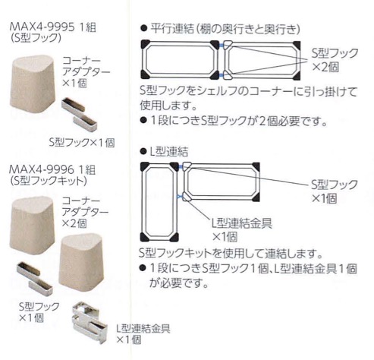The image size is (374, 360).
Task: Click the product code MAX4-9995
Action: (x=42, y=27)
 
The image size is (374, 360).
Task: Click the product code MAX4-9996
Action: (x=42, y=169)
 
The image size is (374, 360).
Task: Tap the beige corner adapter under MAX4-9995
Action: (x=33, y=84)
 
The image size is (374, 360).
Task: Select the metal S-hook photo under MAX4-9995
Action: (x=79, y=115)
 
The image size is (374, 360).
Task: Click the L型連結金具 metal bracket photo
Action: (x=90, y=322)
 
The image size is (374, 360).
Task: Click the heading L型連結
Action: (x=169, y=151)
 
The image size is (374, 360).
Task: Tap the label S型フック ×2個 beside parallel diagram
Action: (x=335, y=60)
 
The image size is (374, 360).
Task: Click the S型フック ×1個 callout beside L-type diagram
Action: (x=334, y=191)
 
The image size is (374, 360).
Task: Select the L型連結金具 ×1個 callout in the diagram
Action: (x=242, y=229)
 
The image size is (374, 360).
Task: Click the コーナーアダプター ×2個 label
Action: (x=86, y=212)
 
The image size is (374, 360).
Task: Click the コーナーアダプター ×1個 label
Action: (x=86, y=72)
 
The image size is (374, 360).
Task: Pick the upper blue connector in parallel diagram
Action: (x=222, y=46)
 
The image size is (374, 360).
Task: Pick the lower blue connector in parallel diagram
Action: (x=222, y=74)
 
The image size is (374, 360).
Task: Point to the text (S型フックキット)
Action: (x=48, y=181)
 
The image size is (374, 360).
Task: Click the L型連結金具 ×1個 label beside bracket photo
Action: (x=143, y=333)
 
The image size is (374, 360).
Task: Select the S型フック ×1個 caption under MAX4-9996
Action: (x=39, y=311)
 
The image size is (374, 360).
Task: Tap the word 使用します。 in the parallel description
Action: (x=168, y=105)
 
